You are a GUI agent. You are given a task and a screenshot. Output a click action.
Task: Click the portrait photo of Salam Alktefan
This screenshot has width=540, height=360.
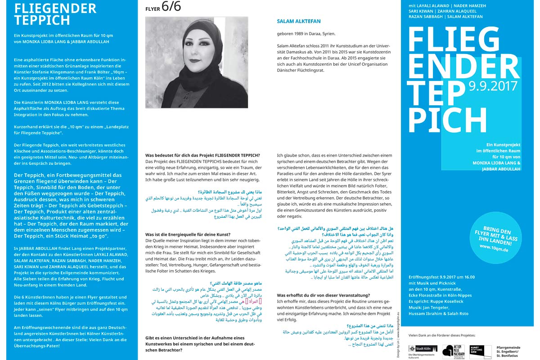197,62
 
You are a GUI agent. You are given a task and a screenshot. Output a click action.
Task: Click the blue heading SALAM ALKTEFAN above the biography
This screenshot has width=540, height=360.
299,21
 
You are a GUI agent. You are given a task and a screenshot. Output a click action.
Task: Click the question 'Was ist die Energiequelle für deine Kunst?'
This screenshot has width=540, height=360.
188,234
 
